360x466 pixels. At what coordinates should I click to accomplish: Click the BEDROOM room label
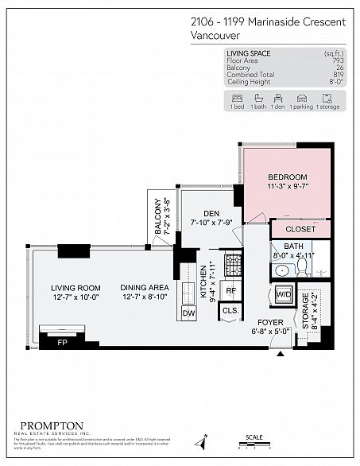[287, 177]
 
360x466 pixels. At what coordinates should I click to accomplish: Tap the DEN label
[211, 213]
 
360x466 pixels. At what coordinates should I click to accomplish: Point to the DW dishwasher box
[189, 314]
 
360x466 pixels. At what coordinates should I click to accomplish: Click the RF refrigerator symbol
[230, 290]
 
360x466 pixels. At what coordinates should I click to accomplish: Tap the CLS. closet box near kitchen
[230, 311]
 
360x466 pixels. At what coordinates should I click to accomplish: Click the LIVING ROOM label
[75, 288]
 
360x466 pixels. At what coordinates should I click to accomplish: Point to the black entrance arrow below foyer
[278, 355]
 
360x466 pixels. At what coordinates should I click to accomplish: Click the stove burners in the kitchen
[232, 262]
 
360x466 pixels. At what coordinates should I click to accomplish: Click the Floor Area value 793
[340, 60]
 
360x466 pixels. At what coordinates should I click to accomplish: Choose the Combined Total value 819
[340, 74]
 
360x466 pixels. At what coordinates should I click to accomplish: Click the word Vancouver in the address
[219, 35]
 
